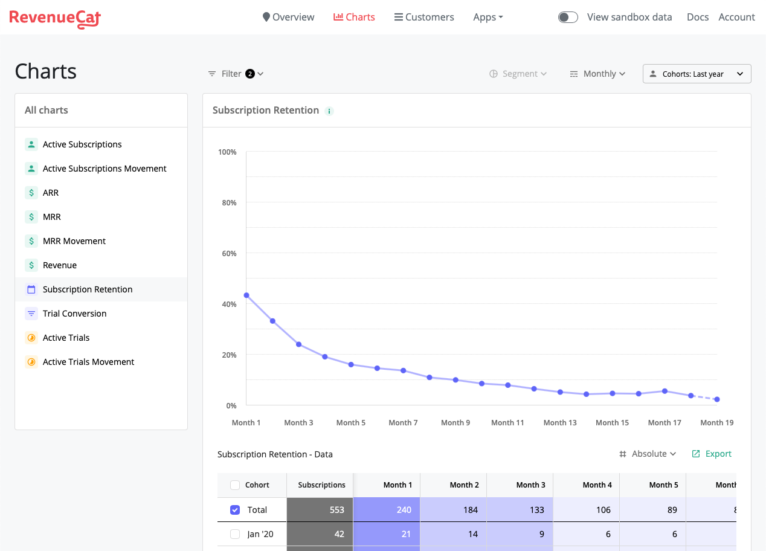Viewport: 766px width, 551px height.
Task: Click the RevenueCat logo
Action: click(x=55, y=18)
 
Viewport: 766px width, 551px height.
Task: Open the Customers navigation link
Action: click(x=424, y=17)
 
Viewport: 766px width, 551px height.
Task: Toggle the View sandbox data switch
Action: click(x=568, y=17)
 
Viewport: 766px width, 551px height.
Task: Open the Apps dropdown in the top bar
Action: click(x=488, y=17)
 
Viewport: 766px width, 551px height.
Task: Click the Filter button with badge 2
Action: click(x=236, y=74)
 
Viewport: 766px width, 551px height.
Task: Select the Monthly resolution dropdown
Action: click(x=597, y=74)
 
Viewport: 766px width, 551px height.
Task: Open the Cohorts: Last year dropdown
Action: click(x=697, y=74)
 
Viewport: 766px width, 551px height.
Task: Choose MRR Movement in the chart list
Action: click(x=74, y=241)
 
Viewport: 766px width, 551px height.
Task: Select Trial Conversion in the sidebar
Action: click(x=74, y=314)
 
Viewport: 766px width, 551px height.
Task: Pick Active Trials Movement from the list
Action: click(x=88, y=362)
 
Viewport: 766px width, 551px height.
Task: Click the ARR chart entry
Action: click(x=51, y=193)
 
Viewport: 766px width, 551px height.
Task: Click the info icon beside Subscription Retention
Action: click(x=329, y=111)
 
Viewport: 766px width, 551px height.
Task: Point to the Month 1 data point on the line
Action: click(x=246, y=295)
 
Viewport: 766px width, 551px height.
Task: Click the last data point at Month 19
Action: click(x=716, y=399)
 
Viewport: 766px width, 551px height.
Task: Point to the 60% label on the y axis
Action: click(x=229, y=253)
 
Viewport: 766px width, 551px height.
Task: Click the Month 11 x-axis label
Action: click(x=507, y=423)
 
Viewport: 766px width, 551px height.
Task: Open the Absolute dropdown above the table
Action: click(x=648, y=454)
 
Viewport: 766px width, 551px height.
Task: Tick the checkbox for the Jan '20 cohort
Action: click(x=235, y=534)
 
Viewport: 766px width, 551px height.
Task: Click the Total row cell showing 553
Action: click(x=320, y=510)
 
